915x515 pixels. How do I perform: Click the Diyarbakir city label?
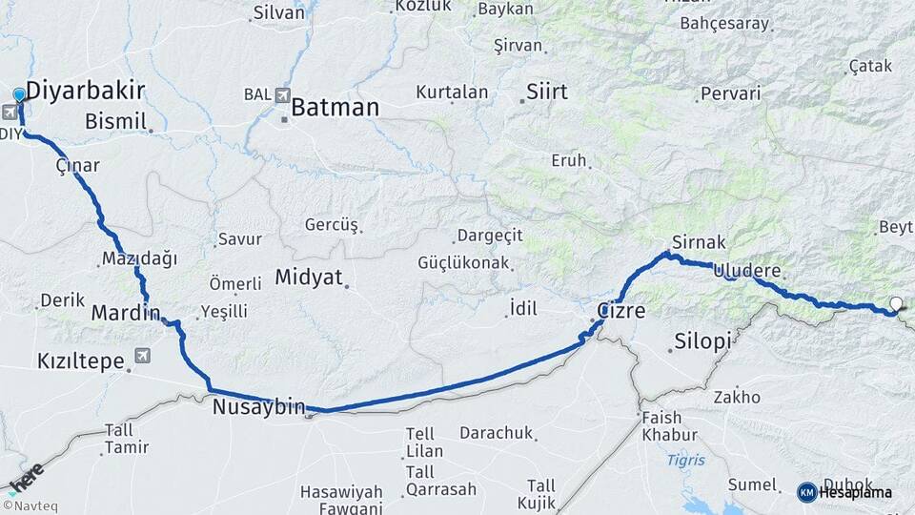[85, 91]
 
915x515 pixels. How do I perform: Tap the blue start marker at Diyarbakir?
[19, 94]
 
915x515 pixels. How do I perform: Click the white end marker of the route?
[895, 304]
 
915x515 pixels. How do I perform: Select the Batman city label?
[335, 107]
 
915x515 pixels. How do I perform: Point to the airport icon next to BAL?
[282, 95]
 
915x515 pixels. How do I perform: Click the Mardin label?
[125, 313]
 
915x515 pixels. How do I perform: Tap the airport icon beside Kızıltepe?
[143, 357]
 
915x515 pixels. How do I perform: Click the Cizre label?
[621, 311]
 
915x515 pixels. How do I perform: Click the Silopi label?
[702, 340]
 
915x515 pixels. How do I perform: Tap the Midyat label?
[308, 278]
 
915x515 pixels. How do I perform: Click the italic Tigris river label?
[685, 460]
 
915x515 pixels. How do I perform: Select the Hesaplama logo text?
[855, 492]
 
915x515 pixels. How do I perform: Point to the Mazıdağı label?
[139, 258]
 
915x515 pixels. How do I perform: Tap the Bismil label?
[115, 121]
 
